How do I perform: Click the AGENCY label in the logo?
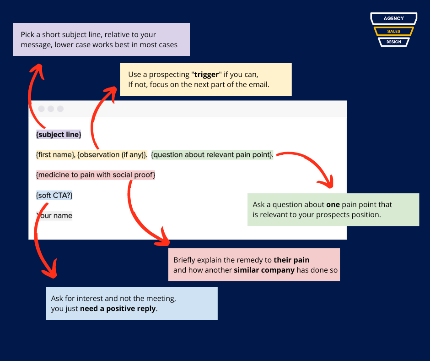(393, 18)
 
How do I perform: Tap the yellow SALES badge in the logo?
(393, 31)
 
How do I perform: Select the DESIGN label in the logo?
(393, 42)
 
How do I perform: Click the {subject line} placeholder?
(59, 134)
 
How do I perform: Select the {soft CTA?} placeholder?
(54, 195)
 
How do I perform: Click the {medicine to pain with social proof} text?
(96, 175)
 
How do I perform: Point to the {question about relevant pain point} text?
(212, 155)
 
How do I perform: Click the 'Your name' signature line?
(54, 215)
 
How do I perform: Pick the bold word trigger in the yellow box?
(206, 75)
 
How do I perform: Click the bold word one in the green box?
(333, 205)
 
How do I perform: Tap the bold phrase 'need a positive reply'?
(118, 308)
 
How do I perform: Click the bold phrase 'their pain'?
(291, 260)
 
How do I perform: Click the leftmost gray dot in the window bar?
(42, 109)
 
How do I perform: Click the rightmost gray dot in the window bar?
(60, 109)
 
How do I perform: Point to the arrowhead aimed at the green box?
(328, 182)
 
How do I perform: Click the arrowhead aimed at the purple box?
(38, 71)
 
